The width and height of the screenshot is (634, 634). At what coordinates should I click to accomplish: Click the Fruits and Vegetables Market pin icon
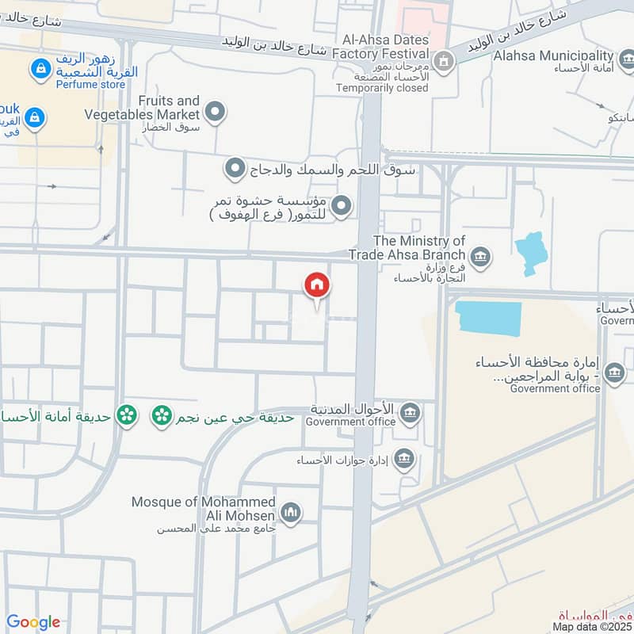[214, 111]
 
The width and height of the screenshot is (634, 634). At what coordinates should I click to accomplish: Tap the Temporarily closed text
[381, 88]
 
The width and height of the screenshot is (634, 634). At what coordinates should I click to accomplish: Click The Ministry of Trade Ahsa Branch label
[418, 247]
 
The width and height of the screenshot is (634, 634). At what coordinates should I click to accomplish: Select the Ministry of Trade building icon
[479, 256]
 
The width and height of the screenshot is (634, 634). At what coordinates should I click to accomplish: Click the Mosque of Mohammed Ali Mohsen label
[204, 509]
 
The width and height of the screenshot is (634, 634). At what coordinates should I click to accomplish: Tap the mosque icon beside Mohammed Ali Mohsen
[290, 513]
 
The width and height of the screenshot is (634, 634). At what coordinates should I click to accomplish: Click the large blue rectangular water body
[488, 319]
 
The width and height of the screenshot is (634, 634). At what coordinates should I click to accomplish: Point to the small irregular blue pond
[531, 253]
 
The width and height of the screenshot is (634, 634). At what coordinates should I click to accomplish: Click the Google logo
[33, 622]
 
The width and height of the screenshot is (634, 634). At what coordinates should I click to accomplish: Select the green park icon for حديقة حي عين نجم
[162, 414]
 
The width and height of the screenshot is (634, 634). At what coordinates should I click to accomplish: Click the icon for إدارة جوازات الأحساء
[404, 459]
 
